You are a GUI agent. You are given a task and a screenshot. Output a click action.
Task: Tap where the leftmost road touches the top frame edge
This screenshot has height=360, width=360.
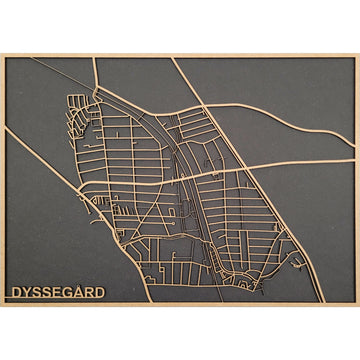pos(96,58)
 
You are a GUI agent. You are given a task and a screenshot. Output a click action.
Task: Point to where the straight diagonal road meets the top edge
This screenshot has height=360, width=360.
pos(172,58)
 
